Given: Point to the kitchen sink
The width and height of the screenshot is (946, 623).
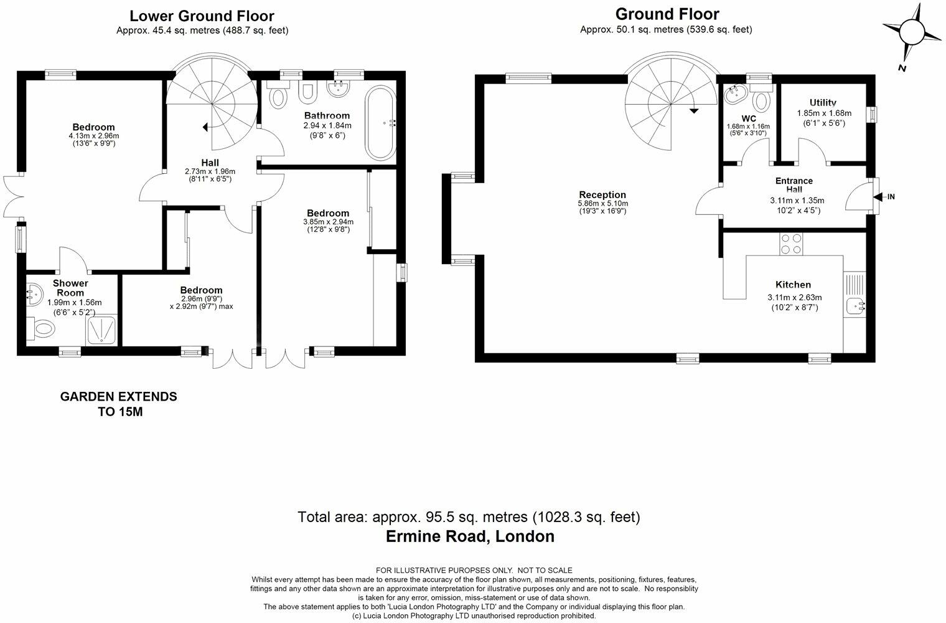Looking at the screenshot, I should (x=856, y=306).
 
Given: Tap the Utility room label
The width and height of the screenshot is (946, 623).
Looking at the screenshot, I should (x=823, y=103).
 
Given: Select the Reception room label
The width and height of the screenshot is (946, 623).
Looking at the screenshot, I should (x=602, y=195).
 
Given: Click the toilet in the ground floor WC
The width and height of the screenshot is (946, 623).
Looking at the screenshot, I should (x=761, y=99).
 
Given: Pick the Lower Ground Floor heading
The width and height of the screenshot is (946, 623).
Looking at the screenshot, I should (x=202, y=16).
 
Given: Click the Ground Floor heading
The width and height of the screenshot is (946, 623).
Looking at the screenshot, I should (x=667, y=14).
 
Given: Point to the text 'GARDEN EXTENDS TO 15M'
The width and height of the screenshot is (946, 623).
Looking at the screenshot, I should (x=118, y=404).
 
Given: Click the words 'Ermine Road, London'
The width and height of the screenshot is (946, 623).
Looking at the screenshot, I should (x=470, y=536).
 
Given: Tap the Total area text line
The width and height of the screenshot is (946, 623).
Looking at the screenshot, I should (x=469, y=517).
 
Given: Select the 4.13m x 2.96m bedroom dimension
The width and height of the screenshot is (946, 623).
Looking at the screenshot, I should (x=93, y=136).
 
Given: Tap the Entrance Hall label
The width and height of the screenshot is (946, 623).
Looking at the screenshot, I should (x=794, y=185).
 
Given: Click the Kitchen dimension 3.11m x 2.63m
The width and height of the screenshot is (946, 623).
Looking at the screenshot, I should (x=794, y=297).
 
